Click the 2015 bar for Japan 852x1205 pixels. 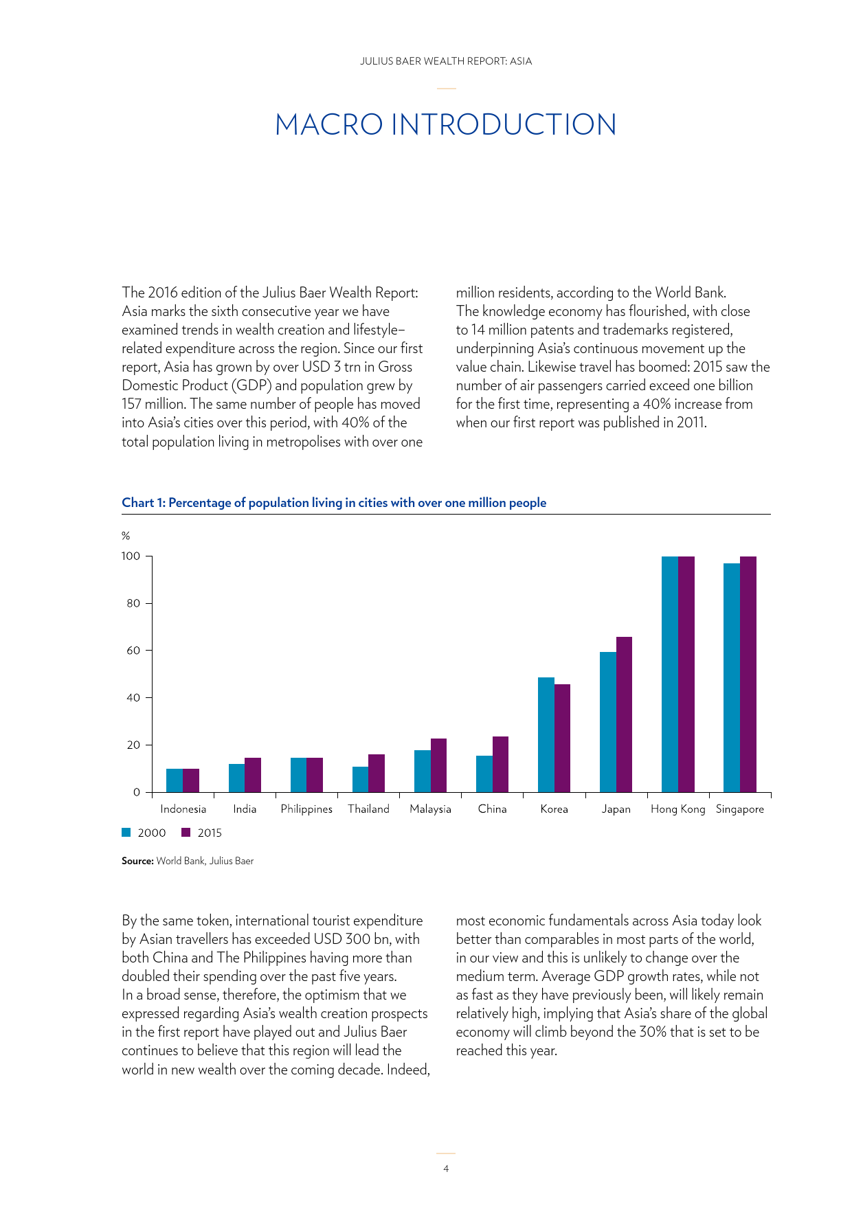[x=624, y=714]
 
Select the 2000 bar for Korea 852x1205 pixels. [x=546, y=734]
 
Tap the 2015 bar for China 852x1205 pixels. [x=500, y=764]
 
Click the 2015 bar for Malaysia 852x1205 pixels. [x=438, y=765]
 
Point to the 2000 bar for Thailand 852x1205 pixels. [x=360, y=779]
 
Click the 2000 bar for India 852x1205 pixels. [x=236, y=778]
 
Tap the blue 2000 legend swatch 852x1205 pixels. [x=126, y=833]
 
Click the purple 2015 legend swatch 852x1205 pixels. [x=186, y=833]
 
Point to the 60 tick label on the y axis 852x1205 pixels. [x=133, y=650]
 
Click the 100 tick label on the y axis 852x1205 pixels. [x=131, y=556]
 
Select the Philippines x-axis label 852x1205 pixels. [x=306, y=809]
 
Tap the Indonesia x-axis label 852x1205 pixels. [x=183, y=809]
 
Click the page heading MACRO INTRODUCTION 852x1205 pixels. [x=446, y=124]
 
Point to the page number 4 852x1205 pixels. [x=446, y=1169]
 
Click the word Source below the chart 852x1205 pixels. [x=137, y=861]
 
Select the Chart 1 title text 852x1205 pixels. [x=334, y=503]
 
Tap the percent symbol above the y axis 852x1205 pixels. [x=126, y=536]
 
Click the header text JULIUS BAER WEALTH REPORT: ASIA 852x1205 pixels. [x=446, y=61]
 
